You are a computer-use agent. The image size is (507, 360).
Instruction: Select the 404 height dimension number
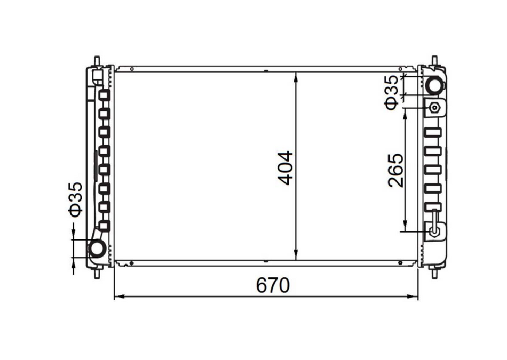286,168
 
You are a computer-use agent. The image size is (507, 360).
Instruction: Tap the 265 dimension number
395,170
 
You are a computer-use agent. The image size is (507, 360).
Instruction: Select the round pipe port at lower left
97,249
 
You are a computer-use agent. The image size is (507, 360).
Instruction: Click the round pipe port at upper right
435,84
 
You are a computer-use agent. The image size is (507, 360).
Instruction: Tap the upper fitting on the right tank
435,108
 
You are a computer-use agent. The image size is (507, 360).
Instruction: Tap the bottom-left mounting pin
97,271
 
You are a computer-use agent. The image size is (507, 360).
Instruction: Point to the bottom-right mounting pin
434,271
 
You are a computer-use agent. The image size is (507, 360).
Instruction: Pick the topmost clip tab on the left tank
104,97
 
